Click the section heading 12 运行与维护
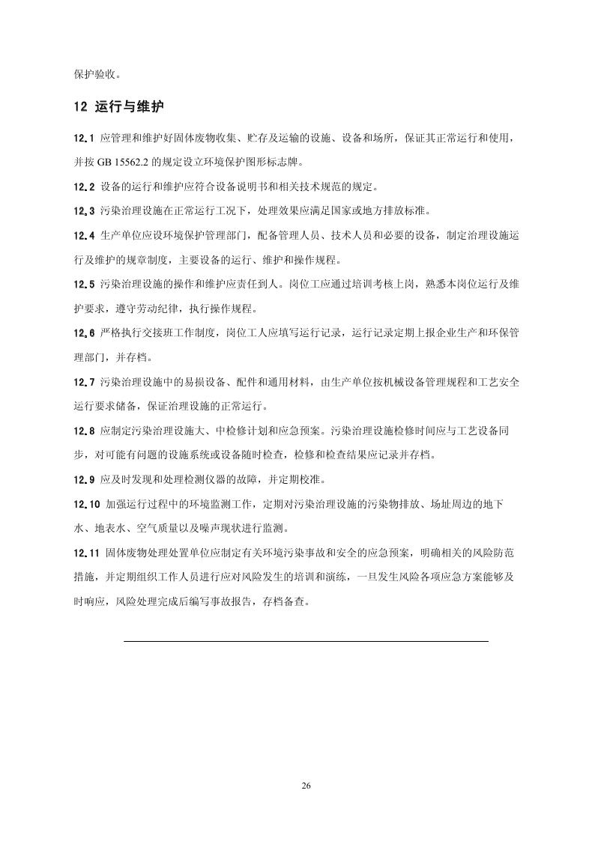[x=118, y=107]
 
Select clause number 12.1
[x=84, y=138]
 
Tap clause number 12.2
[x=84, y=186]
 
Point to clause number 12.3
[x=84, y=210]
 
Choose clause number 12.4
[x=84, y=235]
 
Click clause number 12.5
[x=84, y=284]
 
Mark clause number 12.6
[x=84, y=333]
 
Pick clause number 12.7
[x=84, y=382]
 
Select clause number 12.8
[x=84, y=431]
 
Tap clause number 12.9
[x=84, y=479]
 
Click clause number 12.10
[x=86, y=504]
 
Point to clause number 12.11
[x=86, y=553]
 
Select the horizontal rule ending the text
[x=306, y=641]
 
